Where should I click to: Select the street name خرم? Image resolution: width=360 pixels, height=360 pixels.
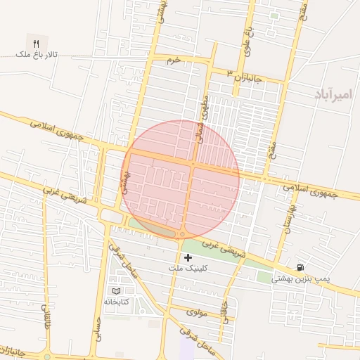click(174, 60)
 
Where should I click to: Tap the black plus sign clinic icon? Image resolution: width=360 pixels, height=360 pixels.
click(187, 258)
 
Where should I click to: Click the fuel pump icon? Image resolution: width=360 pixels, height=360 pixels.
click(300, 267)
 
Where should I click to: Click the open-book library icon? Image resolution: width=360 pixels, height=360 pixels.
click(116, 290)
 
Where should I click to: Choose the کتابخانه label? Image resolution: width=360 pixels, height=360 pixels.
click(118, 302)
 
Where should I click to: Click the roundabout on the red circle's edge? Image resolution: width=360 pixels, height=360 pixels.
click(183, 234)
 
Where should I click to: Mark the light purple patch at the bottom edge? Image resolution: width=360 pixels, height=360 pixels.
click(188, 349)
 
